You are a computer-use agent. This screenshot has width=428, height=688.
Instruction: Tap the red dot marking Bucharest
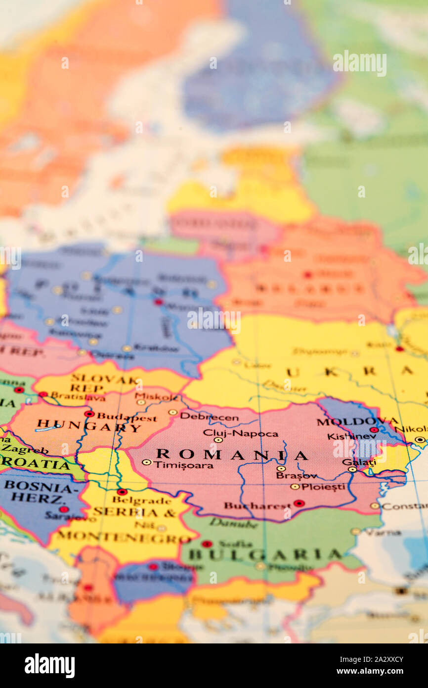coord(299,503)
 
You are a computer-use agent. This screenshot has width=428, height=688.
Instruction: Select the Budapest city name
coord(127,417)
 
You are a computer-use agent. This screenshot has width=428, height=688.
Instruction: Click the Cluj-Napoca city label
coord(240,433)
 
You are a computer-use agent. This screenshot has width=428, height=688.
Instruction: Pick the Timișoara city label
coord(183,465)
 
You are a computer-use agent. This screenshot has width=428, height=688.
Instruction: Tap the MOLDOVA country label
coord(357,422)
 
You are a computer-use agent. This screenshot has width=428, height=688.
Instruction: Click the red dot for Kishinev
coord(373,430)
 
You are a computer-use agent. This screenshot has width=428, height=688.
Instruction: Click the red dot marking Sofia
coord(207,543)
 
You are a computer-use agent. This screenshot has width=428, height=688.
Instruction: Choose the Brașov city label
coord(296,475)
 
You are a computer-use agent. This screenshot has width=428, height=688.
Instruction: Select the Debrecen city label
coord(209,417)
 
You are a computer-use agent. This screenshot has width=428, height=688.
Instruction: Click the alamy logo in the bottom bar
coord(49,665)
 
